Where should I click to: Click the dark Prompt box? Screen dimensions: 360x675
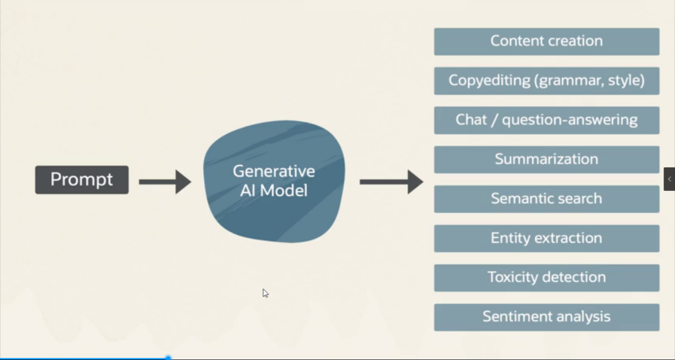81,180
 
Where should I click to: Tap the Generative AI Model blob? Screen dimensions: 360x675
274,182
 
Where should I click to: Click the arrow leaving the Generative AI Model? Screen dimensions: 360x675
391,181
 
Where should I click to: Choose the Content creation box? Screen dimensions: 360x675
546,41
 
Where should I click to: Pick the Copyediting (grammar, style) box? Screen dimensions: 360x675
546,80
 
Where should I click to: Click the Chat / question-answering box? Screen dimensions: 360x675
546,120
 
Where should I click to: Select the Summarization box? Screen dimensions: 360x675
546,159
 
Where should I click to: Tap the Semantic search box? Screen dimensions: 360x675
546,198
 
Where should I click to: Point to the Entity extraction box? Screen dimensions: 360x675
546,238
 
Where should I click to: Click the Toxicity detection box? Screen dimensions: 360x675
546,277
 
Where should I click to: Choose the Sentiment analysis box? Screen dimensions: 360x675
546,317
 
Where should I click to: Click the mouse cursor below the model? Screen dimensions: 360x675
266,293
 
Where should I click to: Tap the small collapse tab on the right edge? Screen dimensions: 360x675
669,179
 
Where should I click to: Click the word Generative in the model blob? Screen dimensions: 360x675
274,171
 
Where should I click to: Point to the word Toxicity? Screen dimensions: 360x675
513,277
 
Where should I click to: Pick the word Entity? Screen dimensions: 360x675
508,238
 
